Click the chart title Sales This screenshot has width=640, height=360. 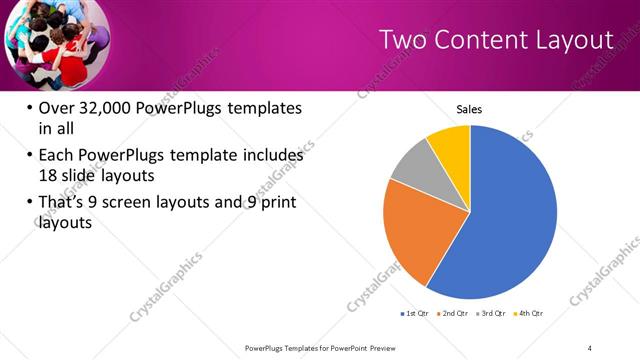469,109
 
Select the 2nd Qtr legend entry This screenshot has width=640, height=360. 456,315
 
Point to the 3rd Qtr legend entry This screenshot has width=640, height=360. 493,315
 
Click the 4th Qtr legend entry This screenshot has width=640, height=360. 529,315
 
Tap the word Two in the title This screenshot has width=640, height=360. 402,40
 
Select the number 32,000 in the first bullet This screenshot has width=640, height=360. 109,108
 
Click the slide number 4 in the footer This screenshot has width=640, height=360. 590,347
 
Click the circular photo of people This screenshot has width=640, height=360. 50,42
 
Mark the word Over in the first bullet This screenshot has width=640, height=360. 55,108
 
